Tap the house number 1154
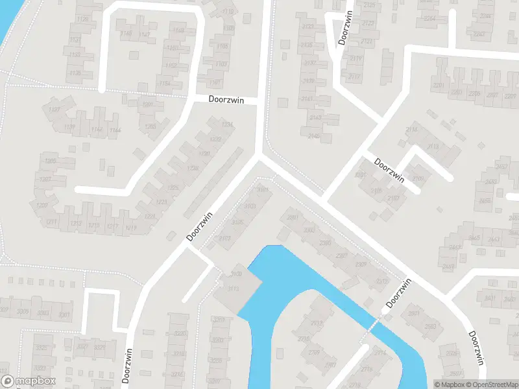(x=165, y=83)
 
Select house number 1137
(x=54, y=110)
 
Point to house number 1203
(x=151, y=126)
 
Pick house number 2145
(x=315, y=136)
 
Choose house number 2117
(x=354, y=77)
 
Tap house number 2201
(x=439, y=86)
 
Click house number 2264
(x=429, y=18)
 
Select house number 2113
(x=432, y=147)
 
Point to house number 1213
(x=76, y=224)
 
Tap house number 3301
(x=64, y=315)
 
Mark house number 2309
(x=361, y=264)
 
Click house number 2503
(x=431, y=327)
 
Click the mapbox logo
(x=29, y=381)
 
